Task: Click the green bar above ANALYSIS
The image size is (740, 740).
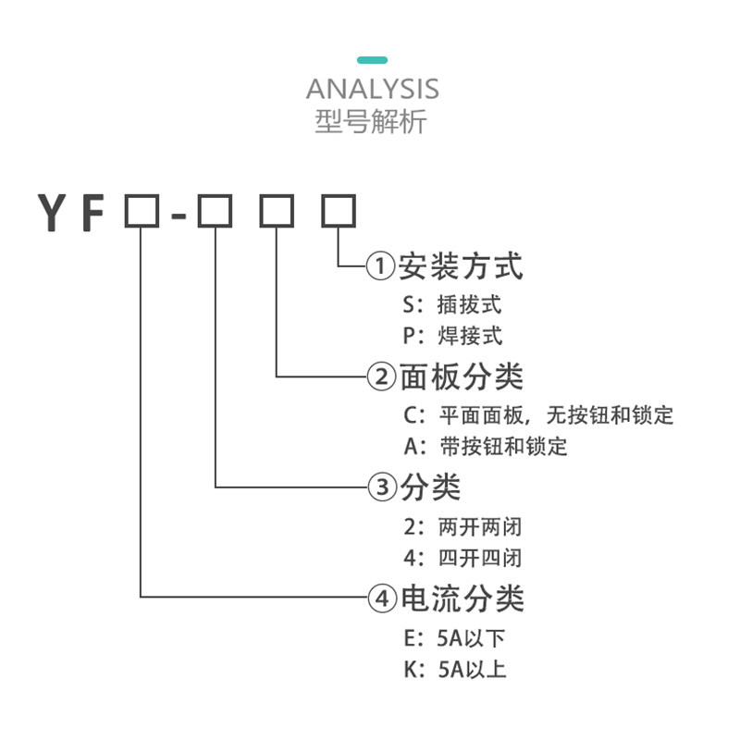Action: tap(372, 60)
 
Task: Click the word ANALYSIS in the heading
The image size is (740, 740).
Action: tap(372, 90)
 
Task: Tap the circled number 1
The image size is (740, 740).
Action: tap(381, 267)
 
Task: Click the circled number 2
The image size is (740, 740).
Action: tap(381, 377)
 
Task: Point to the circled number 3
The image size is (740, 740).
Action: tap(381, 487)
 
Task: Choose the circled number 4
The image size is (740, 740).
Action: tap(381, 599)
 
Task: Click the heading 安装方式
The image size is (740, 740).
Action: tap(461, 266)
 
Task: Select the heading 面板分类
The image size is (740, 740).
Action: tap(461, 376)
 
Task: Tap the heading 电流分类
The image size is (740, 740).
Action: tap(461, 598)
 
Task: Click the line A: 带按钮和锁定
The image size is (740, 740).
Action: tap(485, 446)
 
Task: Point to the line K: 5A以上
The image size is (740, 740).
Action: tap(454, 669)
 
